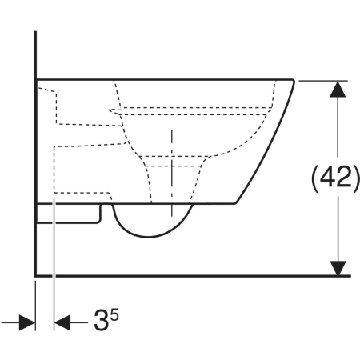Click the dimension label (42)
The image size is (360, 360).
tap(335, 178)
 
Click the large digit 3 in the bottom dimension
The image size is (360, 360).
tap(101, 320)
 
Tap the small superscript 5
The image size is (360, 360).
tap(114, 314)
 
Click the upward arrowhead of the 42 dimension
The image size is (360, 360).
tap(338, 89)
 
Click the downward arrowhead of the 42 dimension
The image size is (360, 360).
tap(338, 268)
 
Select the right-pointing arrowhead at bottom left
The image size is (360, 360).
tap(27, 322)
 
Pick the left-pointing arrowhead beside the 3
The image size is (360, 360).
tap(62, 322)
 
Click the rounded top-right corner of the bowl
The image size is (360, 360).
tap(293, 80)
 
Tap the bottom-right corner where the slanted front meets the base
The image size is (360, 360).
tap(235, 203)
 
